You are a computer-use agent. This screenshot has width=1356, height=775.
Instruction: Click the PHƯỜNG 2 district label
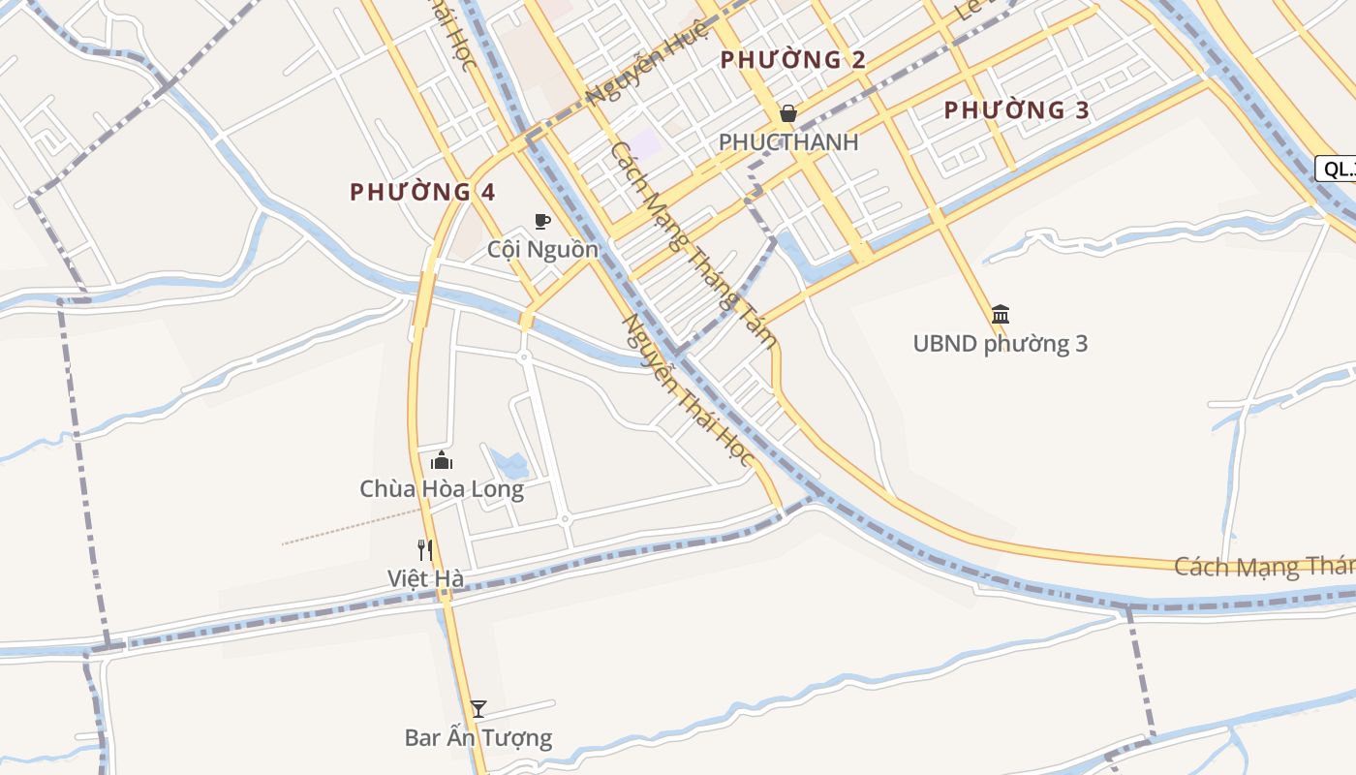793,60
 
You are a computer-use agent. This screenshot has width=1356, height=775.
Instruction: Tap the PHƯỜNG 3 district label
1017,110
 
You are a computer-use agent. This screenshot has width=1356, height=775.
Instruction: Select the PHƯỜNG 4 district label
422,192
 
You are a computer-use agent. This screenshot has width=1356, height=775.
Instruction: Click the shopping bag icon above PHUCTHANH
788,114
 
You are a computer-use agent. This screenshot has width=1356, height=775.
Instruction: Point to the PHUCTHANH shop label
788,142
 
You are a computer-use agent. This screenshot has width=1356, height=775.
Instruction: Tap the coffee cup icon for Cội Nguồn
542,222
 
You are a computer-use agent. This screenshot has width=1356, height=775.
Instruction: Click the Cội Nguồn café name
542,250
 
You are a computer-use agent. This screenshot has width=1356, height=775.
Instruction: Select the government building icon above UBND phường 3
1001,314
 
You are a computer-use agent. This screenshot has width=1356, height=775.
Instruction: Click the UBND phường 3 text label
1001,344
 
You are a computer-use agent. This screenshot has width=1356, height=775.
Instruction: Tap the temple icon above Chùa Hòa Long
442,460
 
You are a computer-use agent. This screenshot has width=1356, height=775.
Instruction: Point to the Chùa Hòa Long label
442,489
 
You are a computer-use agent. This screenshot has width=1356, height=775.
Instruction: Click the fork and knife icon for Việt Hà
425,550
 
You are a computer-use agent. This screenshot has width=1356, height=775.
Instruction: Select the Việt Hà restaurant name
425,579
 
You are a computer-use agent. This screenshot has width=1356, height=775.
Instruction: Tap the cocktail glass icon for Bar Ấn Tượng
478,709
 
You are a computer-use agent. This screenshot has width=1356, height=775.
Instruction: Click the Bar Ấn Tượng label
478,738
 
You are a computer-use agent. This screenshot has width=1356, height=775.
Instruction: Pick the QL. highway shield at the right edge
1337,169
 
